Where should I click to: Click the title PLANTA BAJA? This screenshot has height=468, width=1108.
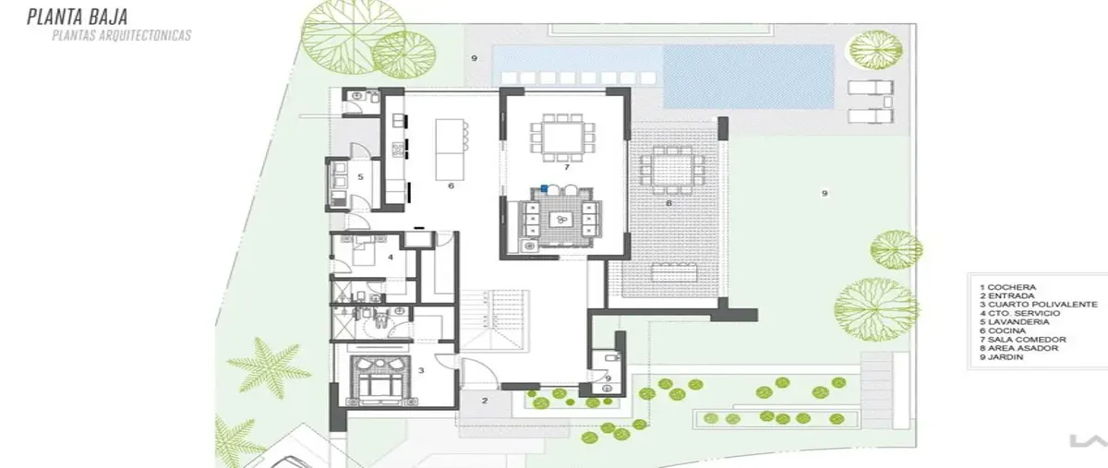point(78,17)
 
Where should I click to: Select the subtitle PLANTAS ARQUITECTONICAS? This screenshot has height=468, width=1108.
point(122,35)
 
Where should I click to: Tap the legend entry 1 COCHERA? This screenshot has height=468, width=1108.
point(1007,287)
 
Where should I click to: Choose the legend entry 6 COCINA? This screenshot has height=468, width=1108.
point(1003,330)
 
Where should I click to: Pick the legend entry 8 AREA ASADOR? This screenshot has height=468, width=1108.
point(1019,348)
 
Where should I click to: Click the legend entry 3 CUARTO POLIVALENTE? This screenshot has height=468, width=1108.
point(1038,305)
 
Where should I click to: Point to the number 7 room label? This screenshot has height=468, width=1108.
point(567,167)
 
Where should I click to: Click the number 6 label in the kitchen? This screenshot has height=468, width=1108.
point(451,186)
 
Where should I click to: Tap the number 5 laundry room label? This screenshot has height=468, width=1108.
point(361,176)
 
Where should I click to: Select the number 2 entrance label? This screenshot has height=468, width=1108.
point(485,401)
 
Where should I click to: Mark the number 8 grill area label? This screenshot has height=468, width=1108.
point(668,203)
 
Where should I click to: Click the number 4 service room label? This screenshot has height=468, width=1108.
point(391,258)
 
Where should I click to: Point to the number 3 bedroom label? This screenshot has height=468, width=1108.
point(421,370)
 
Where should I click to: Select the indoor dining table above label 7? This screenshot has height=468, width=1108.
point(563,138)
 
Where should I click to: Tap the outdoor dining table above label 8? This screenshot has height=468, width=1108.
point(672,171)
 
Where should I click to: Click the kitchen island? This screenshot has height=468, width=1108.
point(450,150)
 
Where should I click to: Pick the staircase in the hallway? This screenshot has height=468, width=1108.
point(495,320)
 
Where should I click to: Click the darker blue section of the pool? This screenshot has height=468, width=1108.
point(749,77)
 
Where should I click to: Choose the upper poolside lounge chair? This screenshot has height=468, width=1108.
point(871,88)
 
